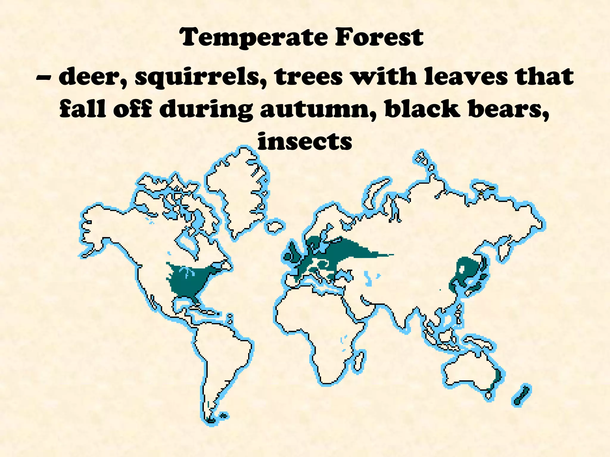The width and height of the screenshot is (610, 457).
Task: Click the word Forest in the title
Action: click(x=379, y=37)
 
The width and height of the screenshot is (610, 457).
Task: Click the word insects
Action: click(x=305, y=141)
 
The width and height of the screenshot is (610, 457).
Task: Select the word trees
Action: click(x=309, y=77)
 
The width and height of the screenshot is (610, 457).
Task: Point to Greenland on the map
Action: click(x=235, y=190)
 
